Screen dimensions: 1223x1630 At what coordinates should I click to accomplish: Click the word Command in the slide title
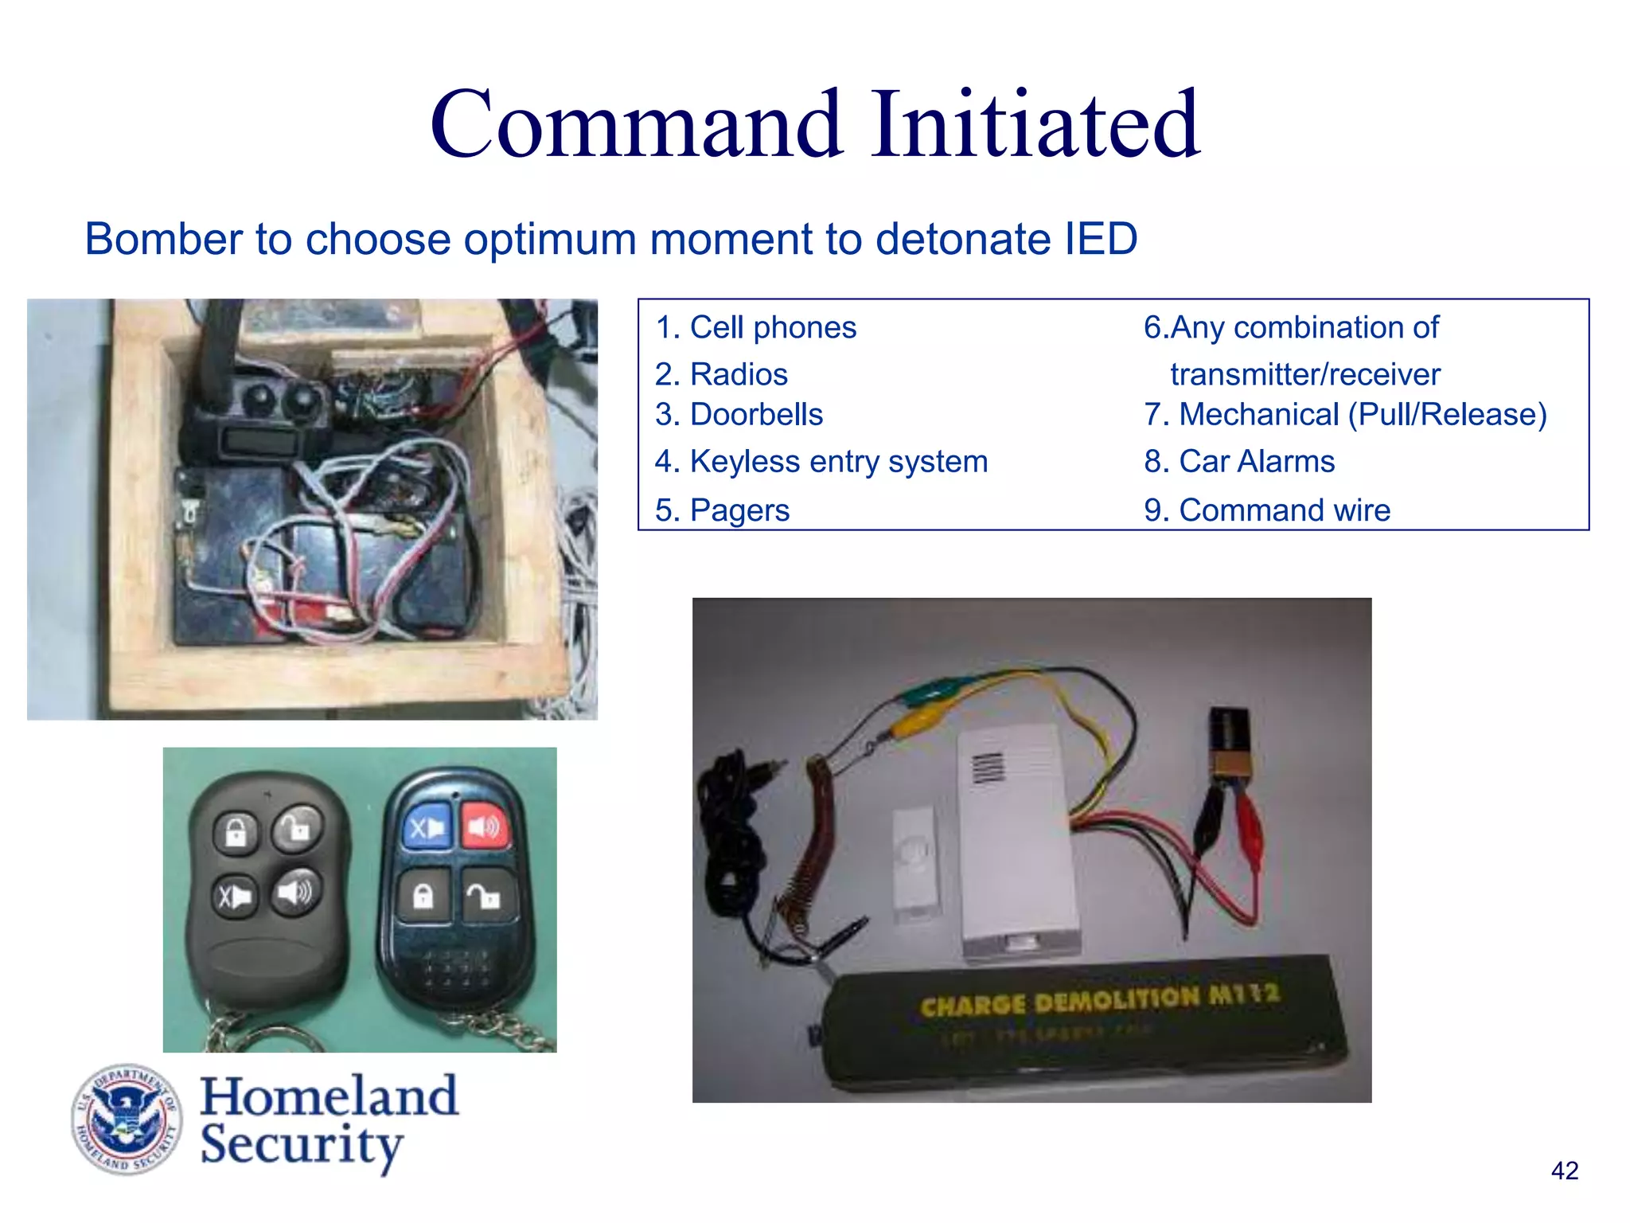[x=635, y=125]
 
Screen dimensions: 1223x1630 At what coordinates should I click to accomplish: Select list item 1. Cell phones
[x=755, y=327]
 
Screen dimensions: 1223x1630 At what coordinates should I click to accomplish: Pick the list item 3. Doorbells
[x=739, y=415]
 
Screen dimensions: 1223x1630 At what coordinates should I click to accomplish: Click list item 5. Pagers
[x=722, y=510]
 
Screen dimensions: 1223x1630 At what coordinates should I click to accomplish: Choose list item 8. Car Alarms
[x=1239, y=462]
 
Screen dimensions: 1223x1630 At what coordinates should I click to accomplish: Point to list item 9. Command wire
[x=1267, y=510]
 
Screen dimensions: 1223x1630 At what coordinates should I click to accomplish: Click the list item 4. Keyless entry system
[x=821, y=462]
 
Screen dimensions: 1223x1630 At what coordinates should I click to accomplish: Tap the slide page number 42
[x=1564, y=1170]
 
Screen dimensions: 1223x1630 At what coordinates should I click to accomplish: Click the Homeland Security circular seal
[x=127, y=1119]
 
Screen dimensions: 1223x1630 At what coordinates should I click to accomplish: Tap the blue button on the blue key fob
[x=427, y=828]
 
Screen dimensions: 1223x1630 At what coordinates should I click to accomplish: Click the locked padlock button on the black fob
[x=236, y=834]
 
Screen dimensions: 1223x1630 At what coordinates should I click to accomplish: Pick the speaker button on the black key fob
[x=296, y=893]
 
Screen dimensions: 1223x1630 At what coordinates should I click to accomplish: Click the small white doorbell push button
[x=916, y=863]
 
